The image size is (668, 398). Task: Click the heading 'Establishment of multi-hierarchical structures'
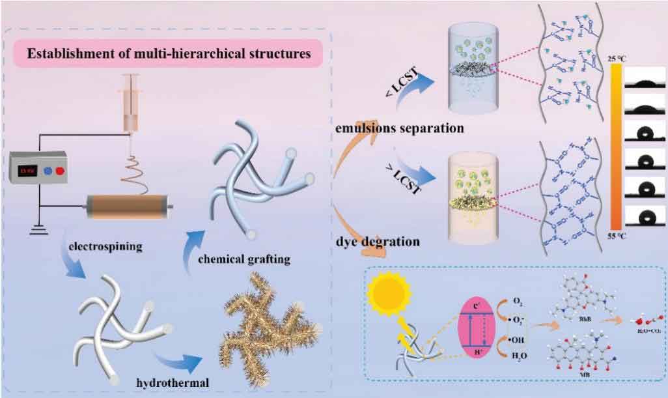pos(170,53)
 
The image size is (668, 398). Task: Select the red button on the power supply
pos(60,171)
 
